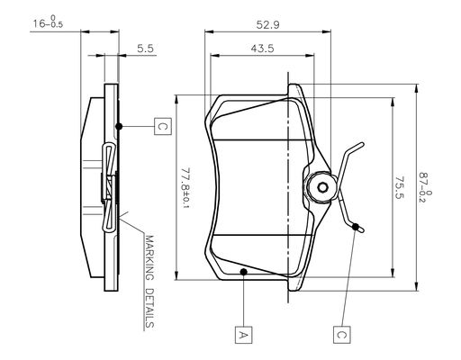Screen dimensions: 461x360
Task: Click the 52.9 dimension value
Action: click(x=267, y=24)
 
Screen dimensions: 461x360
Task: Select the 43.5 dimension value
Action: click(x=262, y=49)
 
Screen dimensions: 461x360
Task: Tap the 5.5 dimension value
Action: click(x=146, y=49)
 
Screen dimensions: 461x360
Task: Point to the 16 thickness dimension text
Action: click(x=48, y=22)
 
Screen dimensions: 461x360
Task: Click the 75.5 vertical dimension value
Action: click(x=399, y=187)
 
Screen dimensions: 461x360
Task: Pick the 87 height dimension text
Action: click(x=425, y=187)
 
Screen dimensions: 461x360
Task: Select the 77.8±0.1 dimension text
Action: click(x=186, y=188)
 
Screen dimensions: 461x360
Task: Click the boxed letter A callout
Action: click(x=243, y=334)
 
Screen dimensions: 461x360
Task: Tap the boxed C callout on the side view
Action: click(x=163, y=126)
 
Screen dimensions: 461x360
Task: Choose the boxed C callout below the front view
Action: click(x=341, y=334)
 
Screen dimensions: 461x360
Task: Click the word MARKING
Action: click(x=149, y=258)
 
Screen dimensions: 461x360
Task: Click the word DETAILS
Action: click(x=149, y=308)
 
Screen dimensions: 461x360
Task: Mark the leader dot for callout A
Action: click(x=244, y=272)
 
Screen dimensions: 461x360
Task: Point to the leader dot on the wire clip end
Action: click(x=356, y=227)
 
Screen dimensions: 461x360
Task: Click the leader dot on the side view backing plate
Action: click(x=119, y=126)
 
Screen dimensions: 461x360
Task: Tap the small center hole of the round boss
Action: click(x=322, y=188)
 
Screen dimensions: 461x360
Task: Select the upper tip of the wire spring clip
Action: click(x=363, y=145)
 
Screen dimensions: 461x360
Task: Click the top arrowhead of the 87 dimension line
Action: click(x=417, y=88)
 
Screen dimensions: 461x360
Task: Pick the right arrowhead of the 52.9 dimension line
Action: click(x=327, y=31)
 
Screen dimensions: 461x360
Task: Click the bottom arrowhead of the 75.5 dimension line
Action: click(x=393, y=273)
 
